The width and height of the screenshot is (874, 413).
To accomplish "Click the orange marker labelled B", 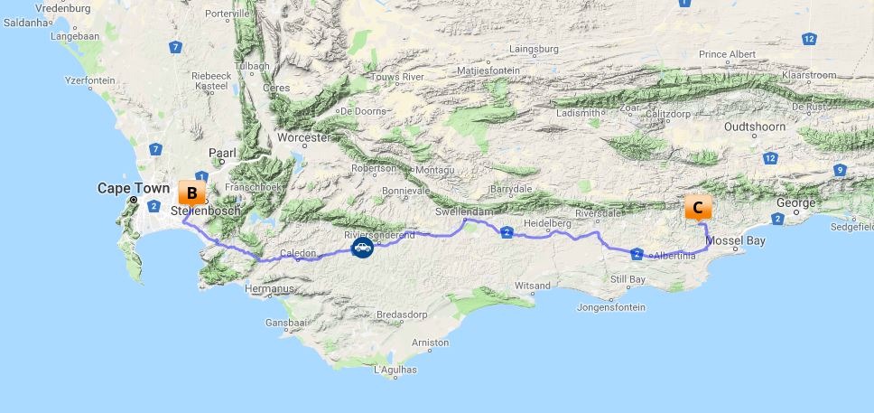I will point(191,193).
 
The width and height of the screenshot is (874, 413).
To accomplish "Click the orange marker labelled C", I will point(697,207).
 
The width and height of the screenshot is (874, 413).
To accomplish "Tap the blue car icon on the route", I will point(362,247).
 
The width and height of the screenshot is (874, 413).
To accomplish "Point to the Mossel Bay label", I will point(735,240).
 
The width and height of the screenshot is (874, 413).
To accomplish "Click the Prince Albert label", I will point(727,54).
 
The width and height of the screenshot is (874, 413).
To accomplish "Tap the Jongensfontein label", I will point(613,307).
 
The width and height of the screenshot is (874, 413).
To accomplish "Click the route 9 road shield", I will point(840,170).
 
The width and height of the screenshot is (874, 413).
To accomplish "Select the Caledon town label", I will point(298,253).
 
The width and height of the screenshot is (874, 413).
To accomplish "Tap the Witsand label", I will point(532,286).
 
